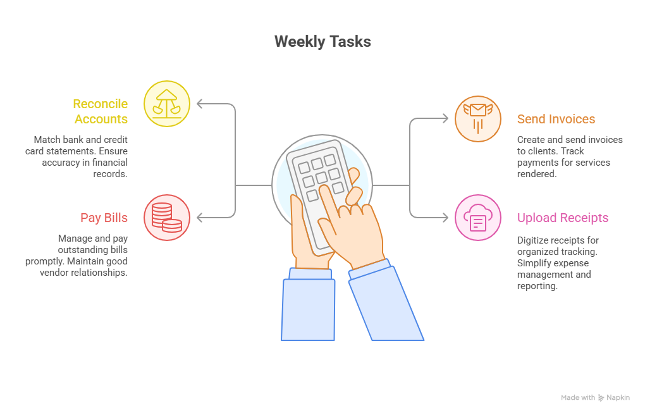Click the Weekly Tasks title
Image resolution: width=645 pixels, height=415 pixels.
[x=322, y=42]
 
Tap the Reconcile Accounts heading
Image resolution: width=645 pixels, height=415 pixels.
[x=101, y=111]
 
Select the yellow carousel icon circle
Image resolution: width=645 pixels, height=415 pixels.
[x=167, y=104]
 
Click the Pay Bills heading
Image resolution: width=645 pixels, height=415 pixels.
[x=104, y=218]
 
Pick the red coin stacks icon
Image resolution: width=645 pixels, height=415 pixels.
[x=167, y=218]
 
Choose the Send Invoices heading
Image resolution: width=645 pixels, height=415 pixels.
[x=556, y=119]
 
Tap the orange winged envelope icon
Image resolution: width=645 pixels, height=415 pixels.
[x=478, y=118]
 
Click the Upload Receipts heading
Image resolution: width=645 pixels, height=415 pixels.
[x=563, y=218]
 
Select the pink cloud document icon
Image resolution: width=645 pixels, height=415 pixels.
[x=478, y=218]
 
